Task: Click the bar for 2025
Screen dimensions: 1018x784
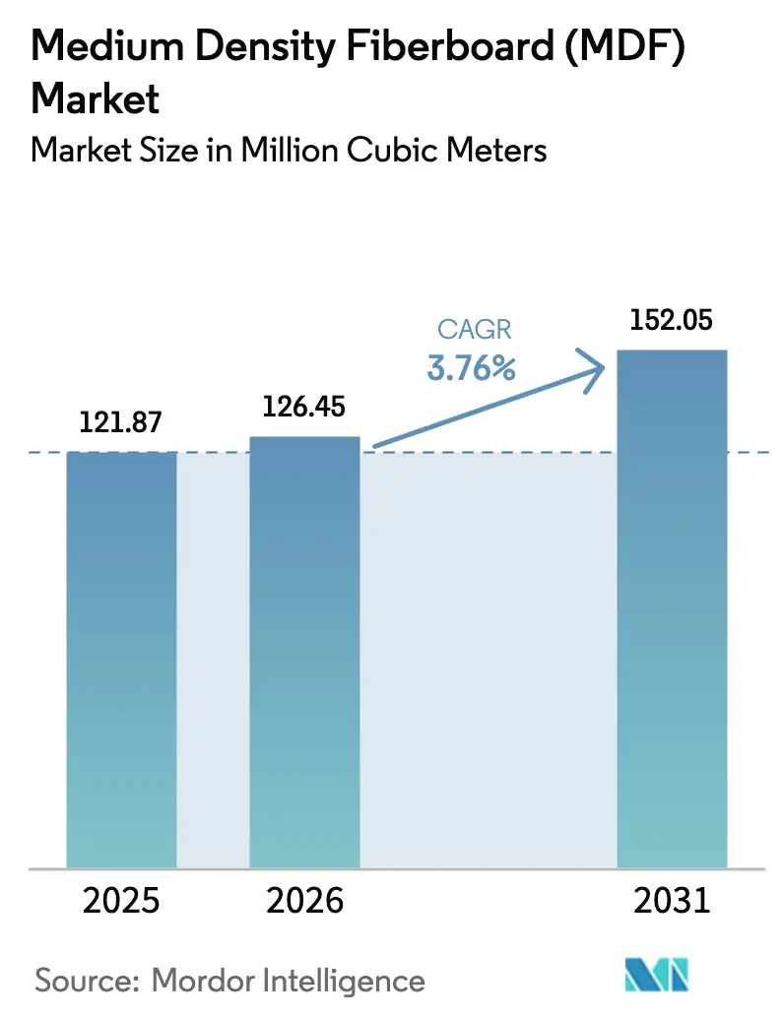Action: click(121, 660)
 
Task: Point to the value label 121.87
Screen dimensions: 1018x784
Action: click(121, 422)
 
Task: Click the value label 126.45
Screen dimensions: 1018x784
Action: click(304, 407)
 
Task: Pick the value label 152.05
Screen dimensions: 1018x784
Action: click(672, 320)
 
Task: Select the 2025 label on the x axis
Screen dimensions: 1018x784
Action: click(121, 901)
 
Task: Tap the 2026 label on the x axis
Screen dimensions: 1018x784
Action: click(304, 901)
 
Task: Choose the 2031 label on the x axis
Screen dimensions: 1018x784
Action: click(672, 901)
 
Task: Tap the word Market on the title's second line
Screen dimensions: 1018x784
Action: click(96, 98)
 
